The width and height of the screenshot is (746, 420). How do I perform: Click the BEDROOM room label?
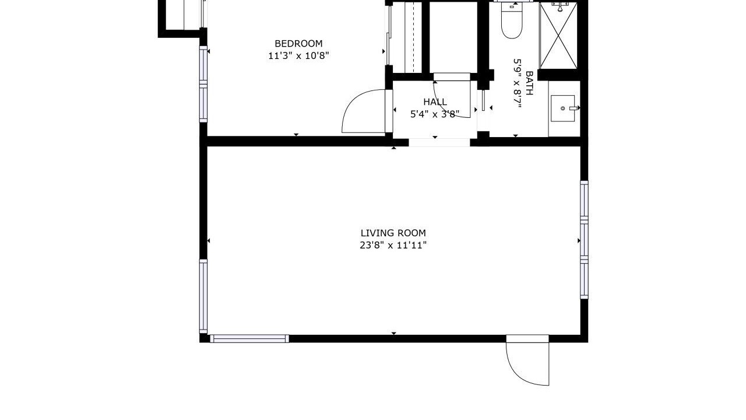click(x=298, y=44)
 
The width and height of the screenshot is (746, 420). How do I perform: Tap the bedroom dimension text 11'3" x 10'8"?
click(x=298, y=55)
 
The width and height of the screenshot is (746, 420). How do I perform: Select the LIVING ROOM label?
click(x=393, y=233)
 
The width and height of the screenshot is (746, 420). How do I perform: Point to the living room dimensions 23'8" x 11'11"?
click(x=393, y=246)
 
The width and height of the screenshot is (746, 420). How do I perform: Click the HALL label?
click(x=435, y=102)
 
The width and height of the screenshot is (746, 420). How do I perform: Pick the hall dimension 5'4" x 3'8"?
click(x=435, y=114)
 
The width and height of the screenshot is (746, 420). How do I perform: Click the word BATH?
click(x=529, y=83)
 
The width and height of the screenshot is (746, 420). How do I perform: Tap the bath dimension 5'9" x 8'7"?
click(x=517, y=83)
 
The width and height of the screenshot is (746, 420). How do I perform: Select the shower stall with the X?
click(x=558, y=35)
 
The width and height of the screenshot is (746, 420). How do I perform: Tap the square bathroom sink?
click(x=563, y=108)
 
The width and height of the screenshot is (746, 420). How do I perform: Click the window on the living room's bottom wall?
click(x=249, y=339)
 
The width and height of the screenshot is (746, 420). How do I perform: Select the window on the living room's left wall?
click(x=203, y=296)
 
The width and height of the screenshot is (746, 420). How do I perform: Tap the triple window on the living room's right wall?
click(x=584, y=240)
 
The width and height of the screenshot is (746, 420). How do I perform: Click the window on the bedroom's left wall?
click(x=203, y=84)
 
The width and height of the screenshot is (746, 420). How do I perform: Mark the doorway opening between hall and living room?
click(x=439, y=142)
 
